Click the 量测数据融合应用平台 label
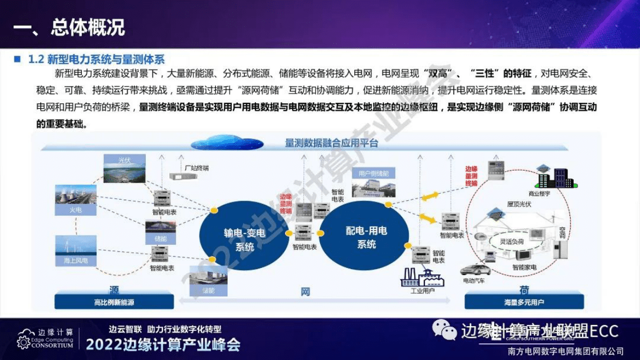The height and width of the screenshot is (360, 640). coord(331,143)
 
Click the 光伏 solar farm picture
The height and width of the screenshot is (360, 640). coord(124,169)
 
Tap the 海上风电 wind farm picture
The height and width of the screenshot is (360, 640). coord(75,250)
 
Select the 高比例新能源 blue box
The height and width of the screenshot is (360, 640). coord(113,302)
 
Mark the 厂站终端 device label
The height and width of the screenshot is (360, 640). coord(196,168)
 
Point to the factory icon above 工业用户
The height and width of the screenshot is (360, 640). coord(420,277)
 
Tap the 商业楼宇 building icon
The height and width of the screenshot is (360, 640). coord(558,176)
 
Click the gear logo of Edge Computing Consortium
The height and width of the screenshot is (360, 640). coord(23,342)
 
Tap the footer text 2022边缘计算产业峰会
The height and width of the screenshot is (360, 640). coord(162,344)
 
